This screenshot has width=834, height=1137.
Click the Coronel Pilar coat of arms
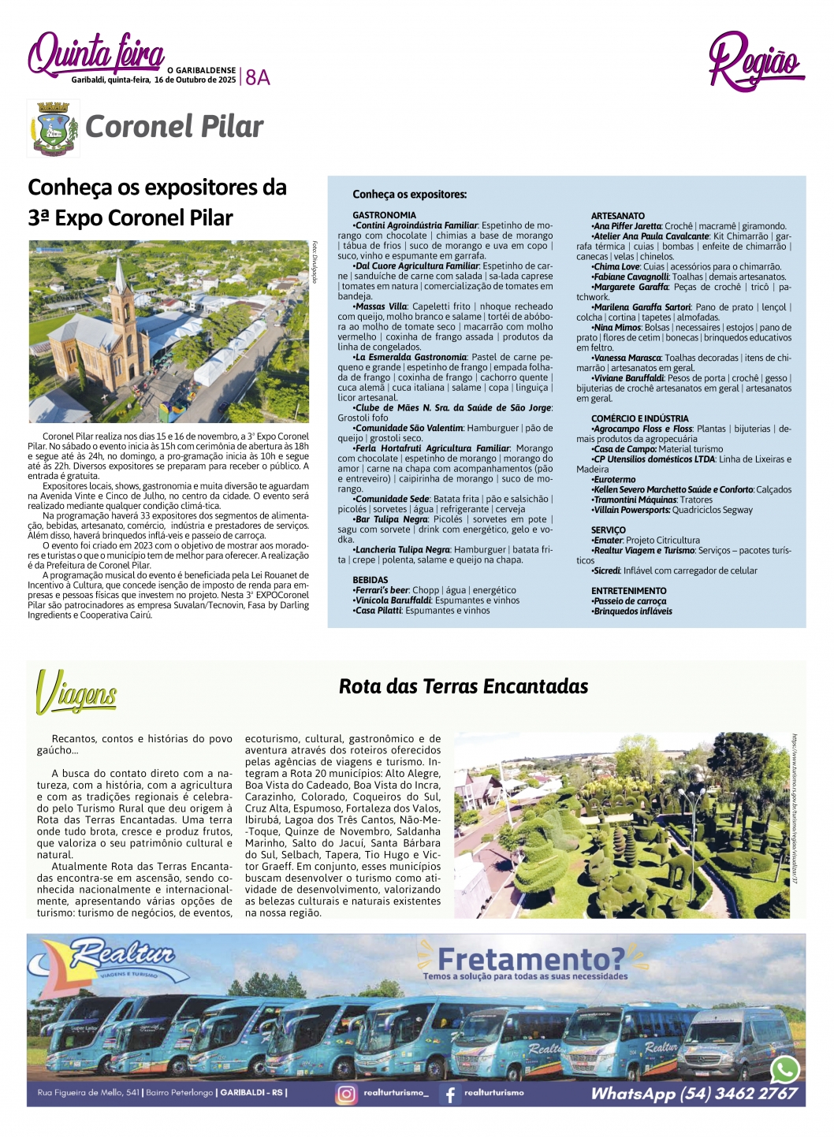coord(53,128)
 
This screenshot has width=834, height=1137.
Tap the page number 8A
coord(258,77)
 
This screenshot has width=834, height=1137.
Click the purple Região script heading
coord(754,61)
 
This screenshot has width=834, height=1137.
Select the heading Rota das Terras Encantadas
coord(464,686)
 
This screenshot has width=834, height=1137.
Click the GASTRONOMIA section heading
coord(384,215)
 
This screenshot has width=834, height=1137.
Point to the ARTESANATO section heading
coord(618,216)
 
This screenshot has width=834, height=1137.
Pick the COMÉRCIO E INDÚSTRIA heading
coord(639,418)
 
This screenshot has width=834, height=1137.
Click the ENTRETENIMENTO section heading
coord(628,591)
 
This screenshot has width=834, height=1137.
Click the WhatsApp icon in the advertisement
coord(785,1069)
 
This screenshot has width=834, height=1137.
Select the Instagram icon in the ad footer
coord(346,1094)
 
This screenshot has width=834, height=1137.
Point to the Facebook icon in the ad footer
coord(450,1094)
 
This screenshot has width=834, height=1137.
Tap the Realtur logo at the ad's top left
coord(118,958)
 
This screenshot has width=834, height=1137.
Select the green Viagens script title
coord(76,693)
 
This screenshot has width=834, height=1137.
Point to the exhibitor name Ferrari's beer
coord(382,590)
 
